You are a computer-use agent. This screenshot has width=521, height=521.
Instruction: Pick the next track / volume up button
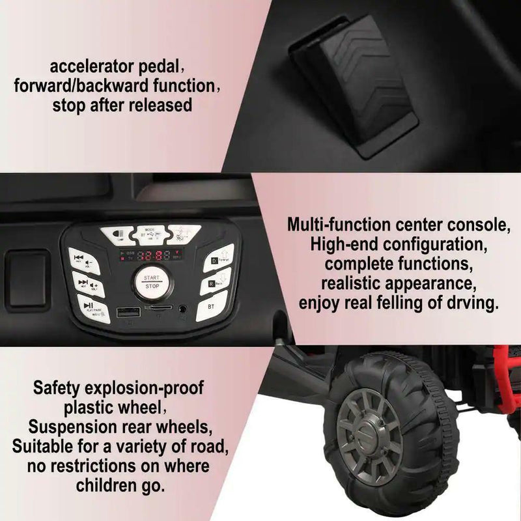85,284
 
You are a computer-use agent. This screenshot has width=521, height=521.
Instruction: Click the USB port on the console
128,313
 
